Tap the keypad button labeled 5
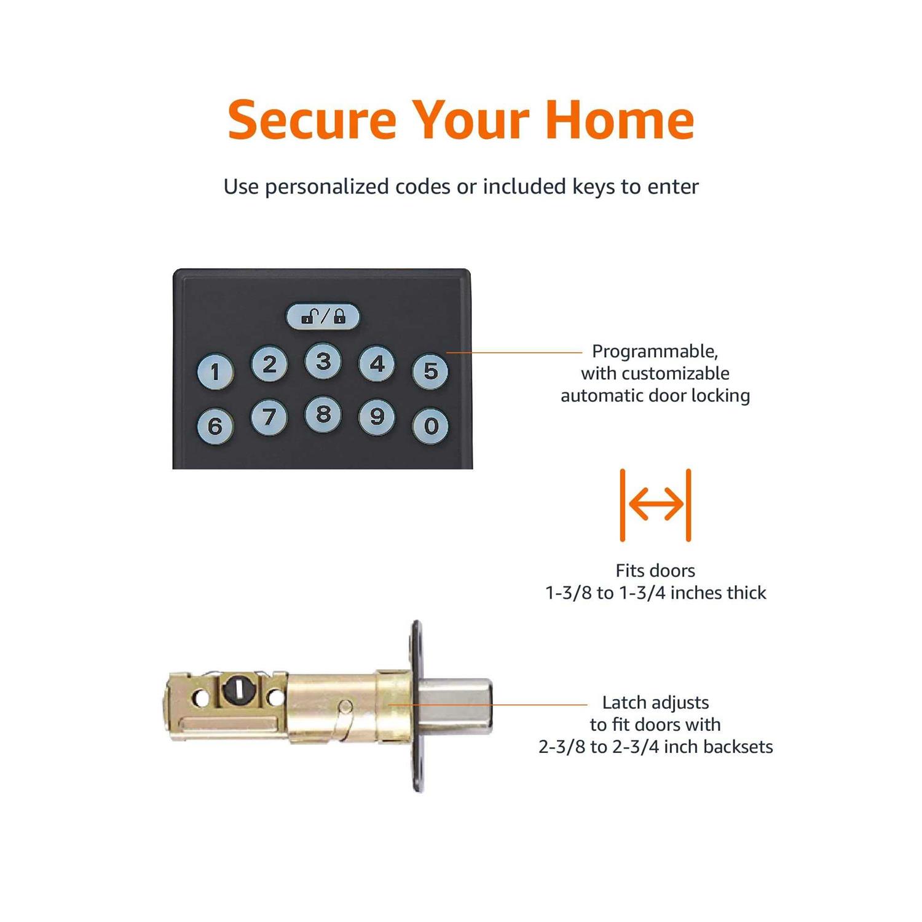(x=430, y=371)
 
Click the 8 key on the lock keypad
(x=323, y=414)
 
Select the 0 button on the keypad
(x=430, y=425)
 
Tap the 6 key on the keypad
(x=215, y=425)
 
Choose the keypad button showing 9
(x=377, y=417)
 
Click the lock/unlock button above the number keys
(x=323, y=317)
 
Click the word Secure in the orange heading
(x=312, y=120)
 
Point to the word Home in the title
(x=620, y=119)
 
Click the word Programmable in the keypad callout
(x=655, y=352)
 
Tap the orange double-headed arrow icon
(x=656, y=505)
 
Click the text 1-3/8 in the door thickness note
(x=569, y=593)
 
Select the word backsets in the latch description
(x=738, y=747)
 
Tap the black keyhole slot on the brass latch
(x=237, y=690)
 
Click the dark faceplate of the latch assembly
(x=417, y=706)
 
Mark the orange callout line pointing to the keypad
(x=514, y=353)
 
